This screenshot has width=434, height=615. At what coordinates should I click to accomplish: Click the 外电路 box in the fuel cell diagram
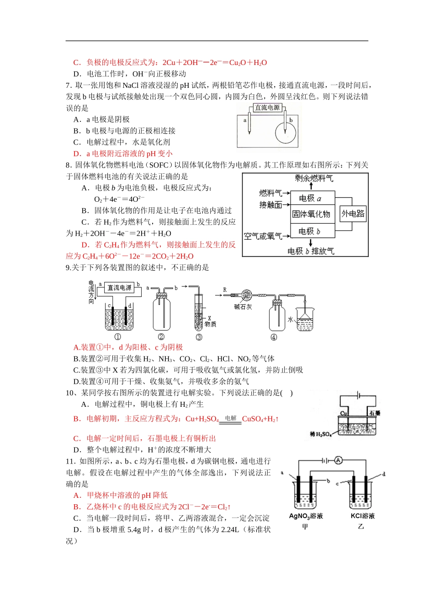(x=353, y=214)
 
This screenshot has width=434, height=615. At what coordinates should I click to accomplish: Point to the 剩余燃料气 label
(x=314, y=178)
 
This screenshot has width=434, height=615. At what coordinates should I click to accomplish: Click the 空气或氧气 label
(x=263, y=236)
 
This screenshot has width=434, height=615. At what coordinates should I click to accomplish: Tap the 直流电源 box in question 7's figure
(x=267, y=108)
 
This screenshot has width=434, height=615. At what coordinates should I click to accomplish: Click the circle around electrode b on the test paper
(x=286, y=133)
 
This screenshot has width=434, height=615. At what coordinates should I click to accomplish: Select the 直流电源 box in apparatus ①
(x=119, y=288)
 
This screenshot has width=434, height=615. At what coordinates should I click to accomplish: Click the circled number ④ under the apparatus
(x=274, y=337)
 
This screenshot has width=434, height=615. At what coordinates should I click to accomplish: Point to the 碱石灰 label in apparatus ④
(x=243, y=307)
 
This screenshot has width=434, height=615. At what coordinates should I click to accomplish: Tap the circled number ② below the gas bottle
(x=161, y=337)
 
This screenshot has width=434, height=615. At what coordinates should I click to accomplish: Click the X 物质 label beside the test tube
(x=210, y=321)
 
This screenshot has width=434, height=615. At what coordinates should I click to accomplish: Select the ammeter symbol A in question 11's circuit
(x=338, y=460)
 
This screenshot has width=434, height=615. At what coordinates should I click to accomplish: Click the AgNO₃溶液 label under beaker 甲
(x=306, y=516)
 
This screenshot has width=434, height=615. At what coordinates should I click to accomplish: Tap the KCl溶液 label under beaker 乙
(x=363, y=516)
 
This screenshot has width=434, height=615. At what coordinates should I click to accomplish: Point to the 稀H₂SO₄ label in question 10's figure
(x=320, y=434)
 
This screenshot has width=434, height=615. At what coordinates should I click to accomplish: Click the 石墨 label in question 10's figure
(x=375, y=413)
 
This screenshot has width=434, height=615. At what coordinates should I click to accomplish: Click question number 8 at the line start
(x=68, y=165)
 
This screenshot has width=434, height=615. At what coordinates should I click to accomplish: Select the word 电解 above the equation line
(x=231, y=418)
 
